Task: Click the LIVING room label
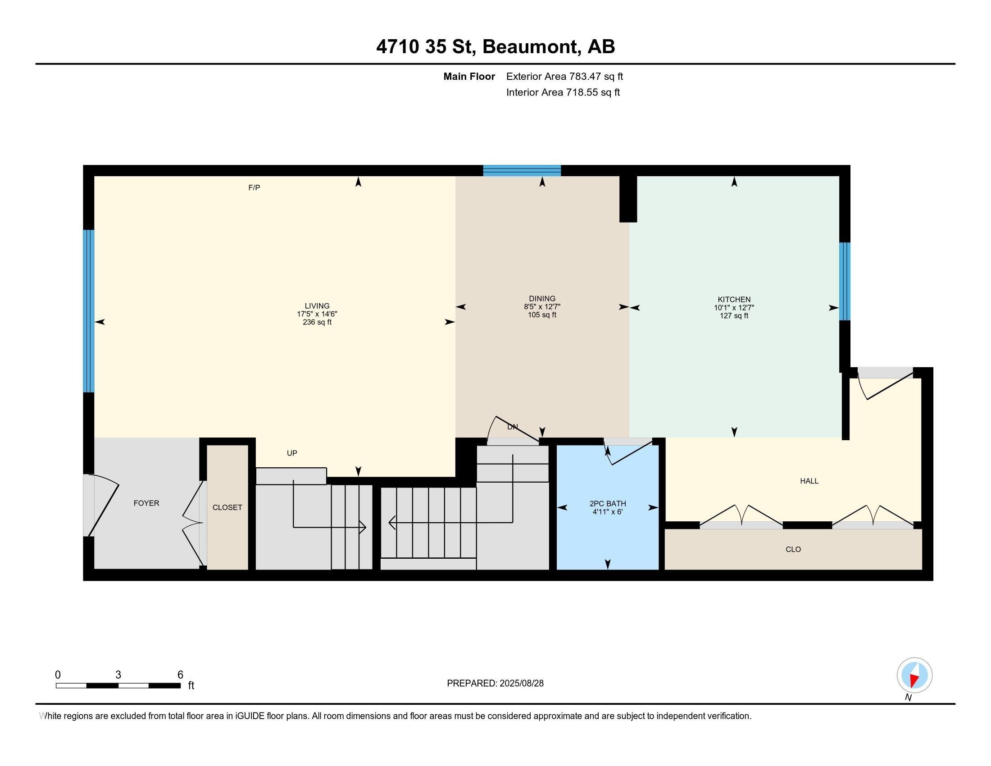(x=317, y=306)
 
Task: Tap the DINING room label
(x=542, y=299)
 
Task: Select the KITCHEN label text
(x=734, y=300)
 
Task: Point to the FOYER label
(x=146, y=503)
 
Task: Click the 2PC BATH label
(x=608, y=503)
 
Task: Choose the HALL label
(x=809, y=481)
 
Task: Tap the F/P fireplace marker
(x=254, y=187)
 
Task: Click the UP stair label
(x=292, y=453)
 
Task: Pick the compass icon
(x=914, y=675)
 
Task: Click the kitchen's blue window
(x=845, y=281)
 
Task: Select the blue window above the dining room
(x=522, y=171)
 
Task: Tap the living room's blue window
(x=88, y=311)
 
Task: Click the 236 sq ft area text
(x=317, y=322)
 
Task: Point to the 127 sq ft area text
(x=734, y=315)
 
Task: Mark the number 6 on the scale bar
(x=180, y=675)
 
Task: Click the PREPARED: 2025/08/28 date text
(x=495, y=684)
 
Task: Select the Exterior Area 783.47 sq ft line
(x=564, y=76)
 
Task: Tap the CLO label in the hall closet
(x=793, y=549)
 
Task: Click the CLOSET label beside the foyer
(x=227, y=507)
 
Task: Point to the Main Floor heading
(x=469, y=76)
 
